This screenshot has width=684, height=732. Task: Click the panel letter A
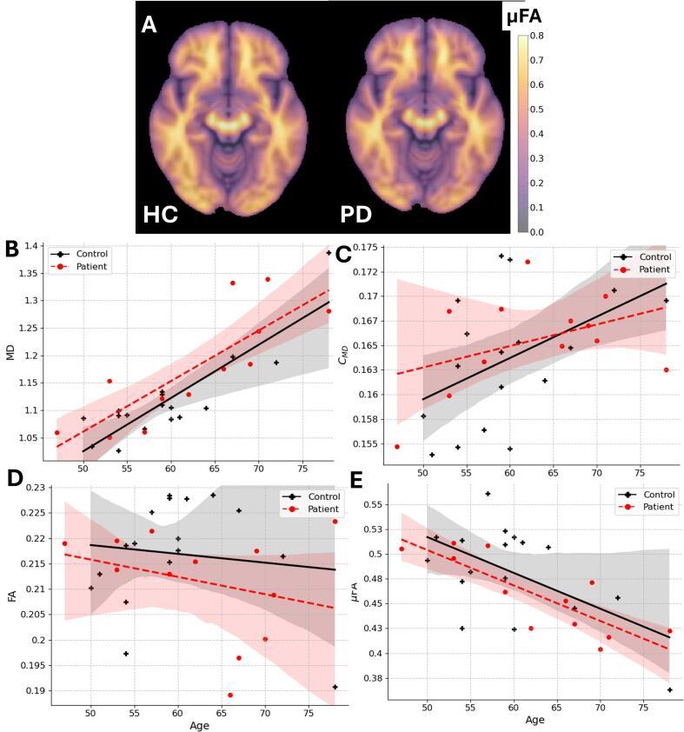click(149, 24)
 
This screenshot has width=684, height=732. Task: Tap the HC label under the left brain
click(160, 215)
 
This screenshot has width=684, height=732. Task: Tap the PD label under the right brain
click(356, 215)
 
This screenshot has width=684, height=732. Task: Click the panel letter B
click(12, 249)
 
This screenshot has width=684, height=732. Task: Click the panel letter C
click(342, 254)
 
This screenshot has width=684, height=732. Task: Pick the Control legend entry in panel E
click(652, 494)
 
